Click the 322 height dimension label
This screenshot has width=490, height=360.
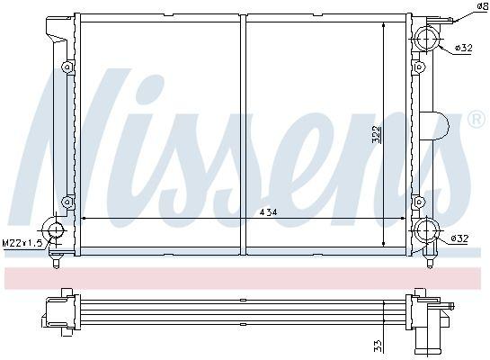[x=379, y=135]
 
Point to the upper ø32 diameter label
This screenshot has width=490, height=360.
[x=459, y=48]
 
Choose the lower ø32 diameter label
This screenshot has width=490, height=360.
[x=459, y=238]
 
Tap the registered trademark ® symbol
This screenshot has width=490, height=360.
[x=476, y=119]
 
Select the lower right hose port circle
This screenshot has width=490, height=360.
[x=425, y=231]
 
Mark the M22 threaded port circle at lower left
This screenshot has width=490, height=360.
[x=57, y=229]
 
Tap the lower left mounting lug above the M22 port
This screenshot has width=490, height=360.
[x=67, y=202]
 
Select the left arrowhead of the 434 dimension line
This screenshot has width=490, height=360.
[x=85, y=218]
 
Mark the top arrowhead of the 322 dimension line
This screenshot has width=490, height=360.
[x=386, y=26]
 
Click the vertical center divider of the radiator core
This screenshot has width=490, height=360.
[x=244, y=135]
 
